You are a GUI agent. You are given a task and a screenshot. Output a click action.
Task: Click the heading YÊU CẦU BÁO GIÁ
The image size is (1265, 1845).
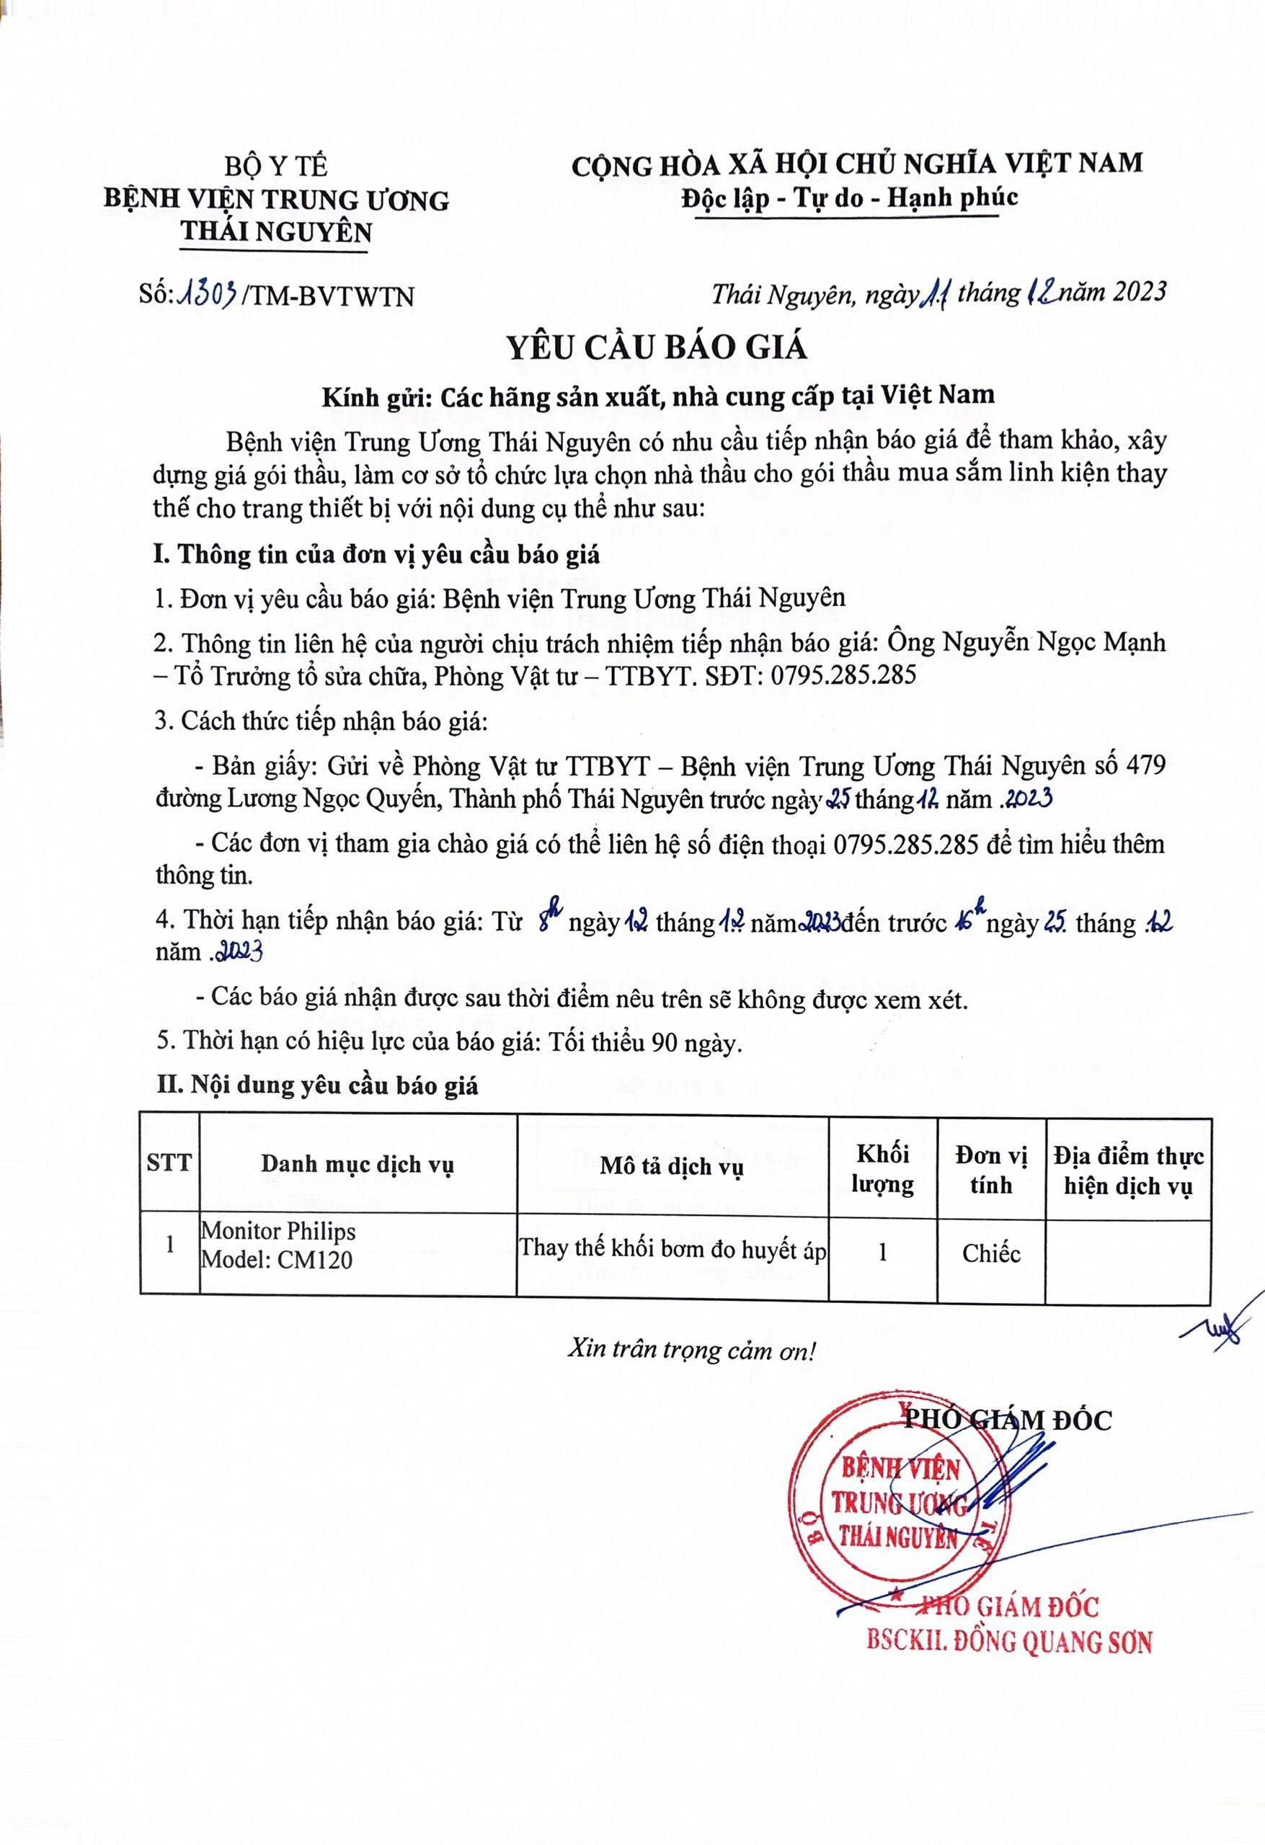point(657,347)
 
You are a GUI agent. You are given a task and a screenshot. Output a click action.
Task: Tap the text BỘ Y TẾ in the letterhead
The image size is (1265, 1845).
point(275,166)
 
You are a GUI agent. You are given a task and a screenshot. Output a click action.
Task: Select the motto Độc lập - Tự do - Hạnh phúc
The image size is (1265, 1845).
point(849,197)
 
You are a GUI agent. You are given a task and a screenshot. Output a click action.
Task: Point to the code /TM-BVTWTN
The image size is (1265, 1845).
point(328,297)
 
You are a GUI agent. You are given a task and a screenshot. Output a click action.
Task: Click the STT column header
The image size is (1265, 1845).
point(169,1163)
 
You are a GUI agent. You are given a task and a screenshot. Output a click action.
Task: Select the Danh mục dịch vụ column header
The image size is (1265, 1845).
point(358,1164)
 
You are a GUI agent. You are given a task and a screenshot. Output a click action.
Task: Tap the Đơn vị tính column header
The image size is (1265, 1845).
point(990,1170)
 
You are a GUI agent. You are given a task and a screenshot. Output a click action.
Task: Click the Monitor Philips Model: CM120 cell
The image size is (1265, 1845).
point(278,1245)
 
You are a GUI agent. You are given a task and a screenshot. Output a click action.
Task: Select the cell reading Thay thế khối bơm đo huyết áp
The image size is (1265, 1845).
point(672,1249)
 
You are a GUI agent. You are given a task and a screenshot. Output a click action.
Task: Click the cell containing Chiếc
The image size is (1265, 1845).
point(990,1253)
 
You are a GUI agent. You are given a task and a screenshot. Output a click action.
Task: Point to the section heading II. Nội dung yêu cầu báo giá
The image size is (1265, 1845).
point(317,1085)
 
